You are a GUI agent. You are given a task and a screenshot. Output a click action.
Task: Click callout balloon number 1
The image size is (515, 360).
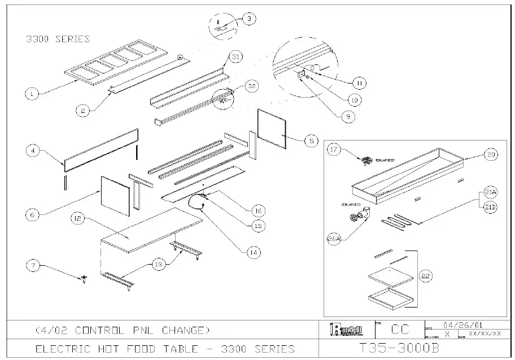tap(34, 94)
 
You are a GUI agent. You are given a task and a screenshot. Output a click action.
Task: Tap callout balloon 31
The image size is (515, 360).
tap(235, 57)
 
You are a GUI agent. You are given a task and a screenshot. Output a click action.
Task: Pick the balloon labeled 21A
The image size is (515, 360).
tap(489, 193)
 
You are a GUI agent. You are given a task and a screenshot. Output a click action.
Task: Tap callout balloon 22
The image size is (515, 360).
tap(427, 276)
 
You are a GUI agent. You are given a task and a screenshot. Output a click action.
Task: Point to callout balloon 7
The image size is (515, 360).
tap(35, 265)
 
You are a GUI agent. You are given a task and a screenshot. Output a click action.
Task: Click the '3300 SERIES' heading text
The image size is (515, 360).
tap(58, 39)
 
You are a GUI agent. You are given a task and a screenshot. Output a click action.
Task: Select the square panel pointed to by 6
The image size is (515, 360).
tap(115, 194)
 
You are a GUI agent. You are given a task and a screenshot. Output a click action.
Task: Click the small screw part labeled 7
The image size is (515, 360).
tap(84, 278)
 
